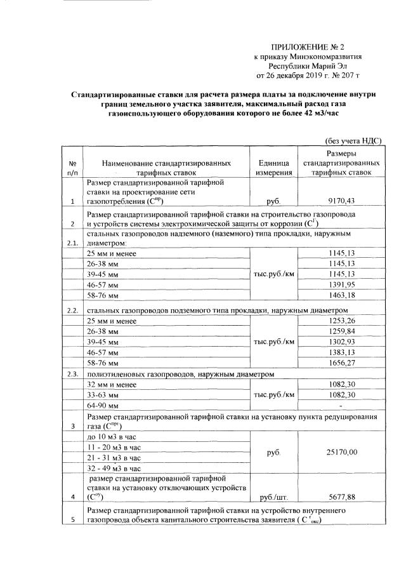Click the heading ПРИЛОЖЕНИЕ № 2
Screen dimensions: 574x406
point(307,47)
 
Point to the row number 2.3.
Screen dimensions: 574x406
point(72,374)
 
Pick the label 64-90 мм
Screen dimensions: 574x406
point(101,405)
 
